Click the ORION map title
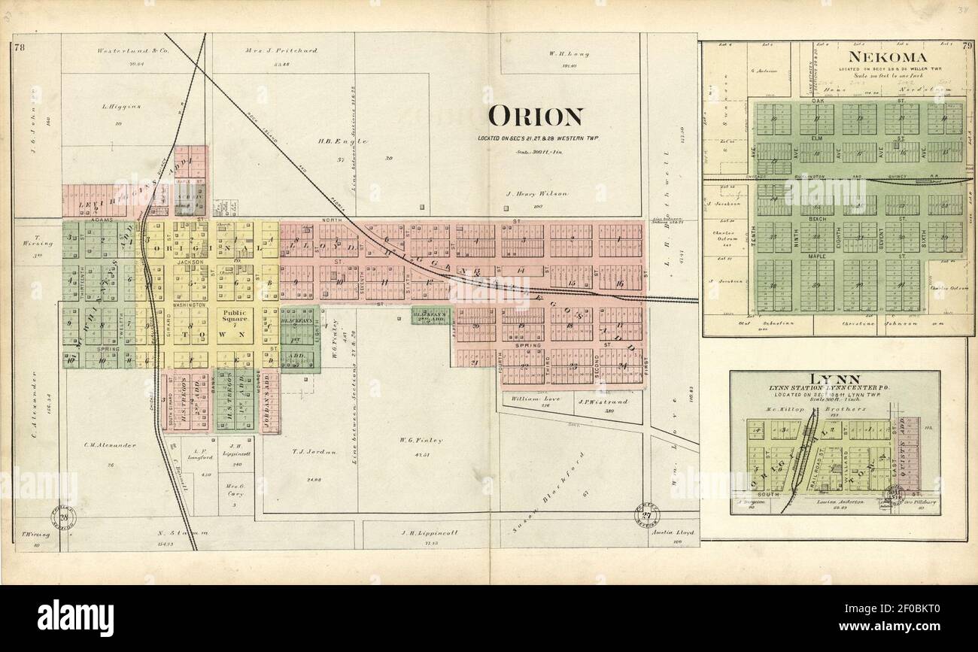tap(535, 117)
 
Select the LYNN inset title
tap(835, 378)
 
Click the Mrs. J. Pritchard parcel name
tap(281, 51)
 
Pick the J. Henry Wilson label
tap(537, 194)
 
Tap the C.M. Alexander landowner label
tap(111, 444)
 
